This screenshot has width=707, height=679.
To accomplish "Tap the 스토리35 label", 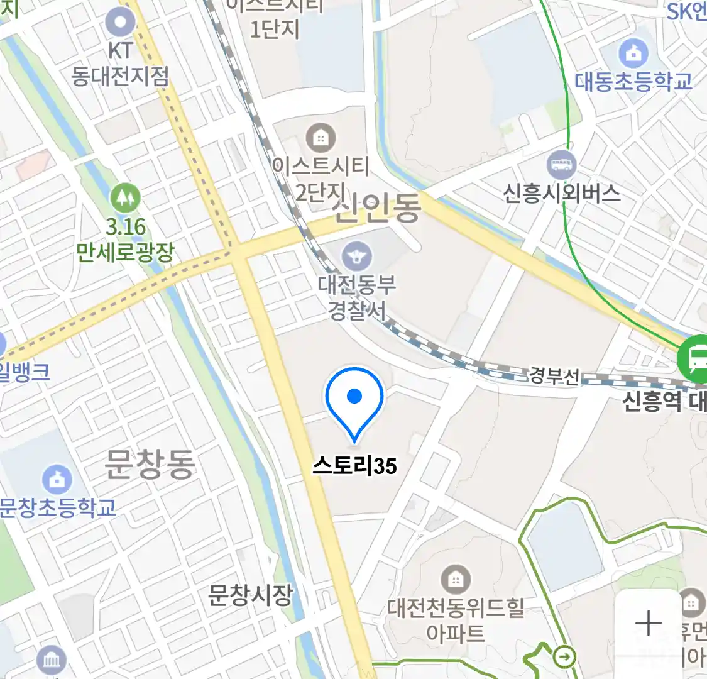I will click(x=355, y=466).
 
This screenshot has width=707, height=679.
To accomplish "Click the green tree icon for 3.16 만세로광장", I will click(x=125, y=198).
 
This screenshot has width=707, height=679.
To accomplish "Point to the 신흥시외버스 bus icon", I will click(x=561, y=165).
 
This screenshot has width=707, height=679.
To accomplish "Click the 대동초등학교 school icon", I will click(x=633, y=53).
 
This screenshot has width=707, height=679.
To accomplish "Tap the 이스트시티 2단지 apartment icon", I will click(x=321, y=138).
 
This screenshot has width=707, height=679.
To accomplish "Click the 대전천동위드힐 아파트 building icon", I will click(x=455, y=578).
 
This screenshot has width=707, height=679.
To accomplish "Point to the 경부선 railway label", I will click(x=554, y=375).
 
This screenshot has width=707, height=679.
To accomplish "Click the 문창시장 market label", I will click(x=251, y=595).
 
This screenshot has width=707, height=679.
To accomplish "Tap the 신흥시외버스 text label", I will click(x=561, y=192).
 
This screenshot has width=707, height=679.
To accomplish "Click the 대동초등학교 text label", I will click(x=633, y=81).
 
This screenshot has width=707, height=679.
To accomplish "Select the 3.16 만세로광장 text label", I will click(x=125, y=240).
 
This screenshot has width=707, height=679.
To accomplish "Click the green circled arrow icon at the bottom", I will click(x=566, y=658).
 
